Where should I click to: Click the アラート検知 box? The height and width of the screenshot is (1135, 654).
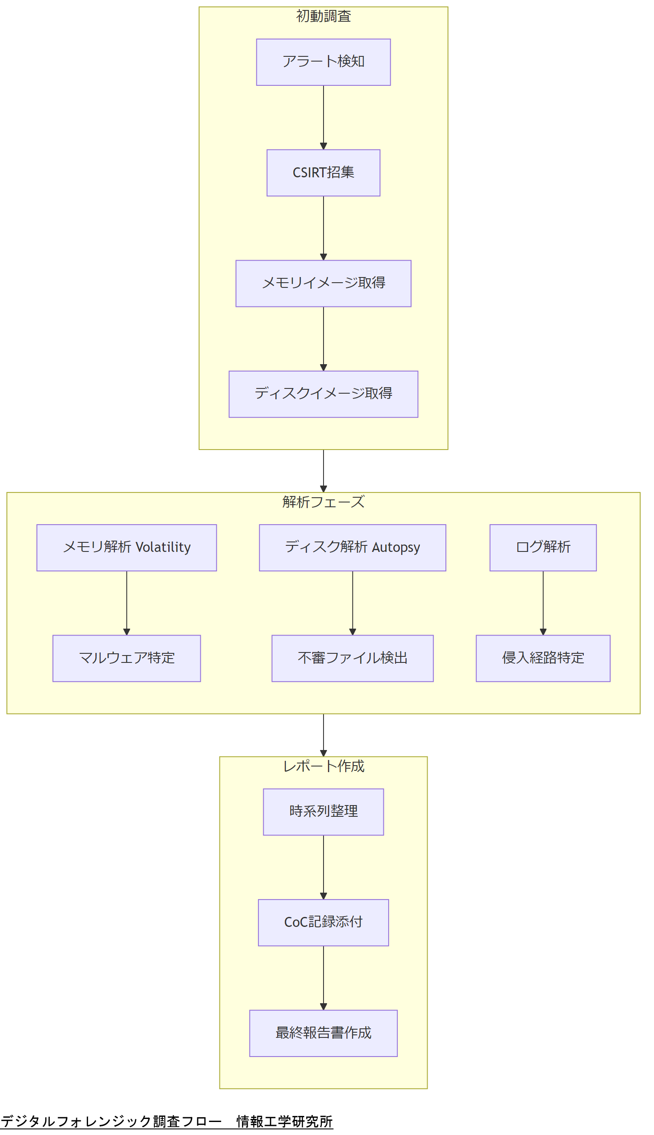[323, 62]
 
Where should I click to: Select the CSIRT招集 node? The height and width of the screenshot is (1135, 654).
[323, 173]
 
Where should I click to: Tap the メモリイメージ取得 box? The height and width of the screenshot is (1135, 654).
[323, 283]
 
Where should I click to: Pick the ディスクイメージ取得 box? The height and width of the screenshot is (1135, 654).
[323, 394]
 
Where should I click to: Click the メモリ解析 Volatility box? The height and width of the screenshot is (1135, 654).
[126, 547]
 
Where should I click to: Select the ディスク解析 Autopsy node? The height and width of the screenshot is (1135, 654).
[352, 547]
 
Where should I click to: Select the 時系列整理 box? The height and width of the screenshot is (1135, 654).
[323, 811]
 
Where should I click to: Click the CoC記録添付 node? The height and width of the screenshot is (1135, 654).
[323, 922]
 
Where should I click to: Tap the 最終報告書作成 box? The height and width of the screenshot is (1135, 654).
[323, 1033]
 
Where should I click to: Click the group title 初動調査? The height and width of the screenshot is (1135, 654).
[323, 16]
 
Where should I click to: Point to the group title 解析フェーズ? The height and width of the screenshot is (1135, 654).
[323, 502]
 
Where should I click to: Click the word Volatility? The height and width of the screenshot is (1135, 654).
[163, 547]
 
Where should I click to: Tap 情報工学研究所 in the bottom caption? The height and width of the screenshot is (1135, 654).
[284, 1121]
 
